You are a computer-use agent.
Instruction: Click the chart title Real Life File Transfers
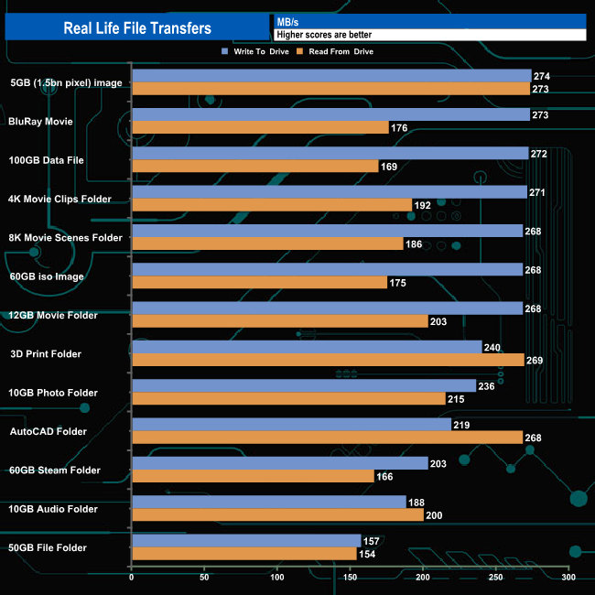[x=136, y=28]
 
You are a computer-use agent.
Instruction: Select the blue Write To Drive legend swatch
[x=224, y=51]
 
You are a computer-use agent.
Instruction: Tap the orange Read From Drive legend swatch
[x=302, y=51]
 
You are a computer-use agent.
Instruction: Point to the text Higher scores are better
[x=324, y=35]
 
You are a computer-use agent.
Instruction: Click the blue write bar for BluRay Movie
[x=330, y=114]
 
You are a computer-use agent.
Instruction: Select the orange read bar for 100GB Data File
[x=255, y=166]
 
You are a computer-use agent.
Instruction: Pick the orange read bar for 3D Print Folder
[x=328, y=360]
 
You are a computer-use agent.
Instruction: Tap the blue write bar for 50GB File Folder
[x=246, y=541]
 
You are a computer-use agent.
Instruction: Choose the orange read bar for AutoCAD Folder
[x=327, y=438]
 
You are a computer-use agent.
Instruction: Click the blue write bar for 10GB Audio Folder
[x=269, y=502]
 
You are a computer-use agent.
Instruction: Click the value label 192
[x=422, y=205]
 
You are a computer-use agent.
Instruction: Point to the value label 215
[x=456, y=399]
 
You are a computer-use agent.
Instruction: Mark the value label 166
[x=384, y=476]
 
